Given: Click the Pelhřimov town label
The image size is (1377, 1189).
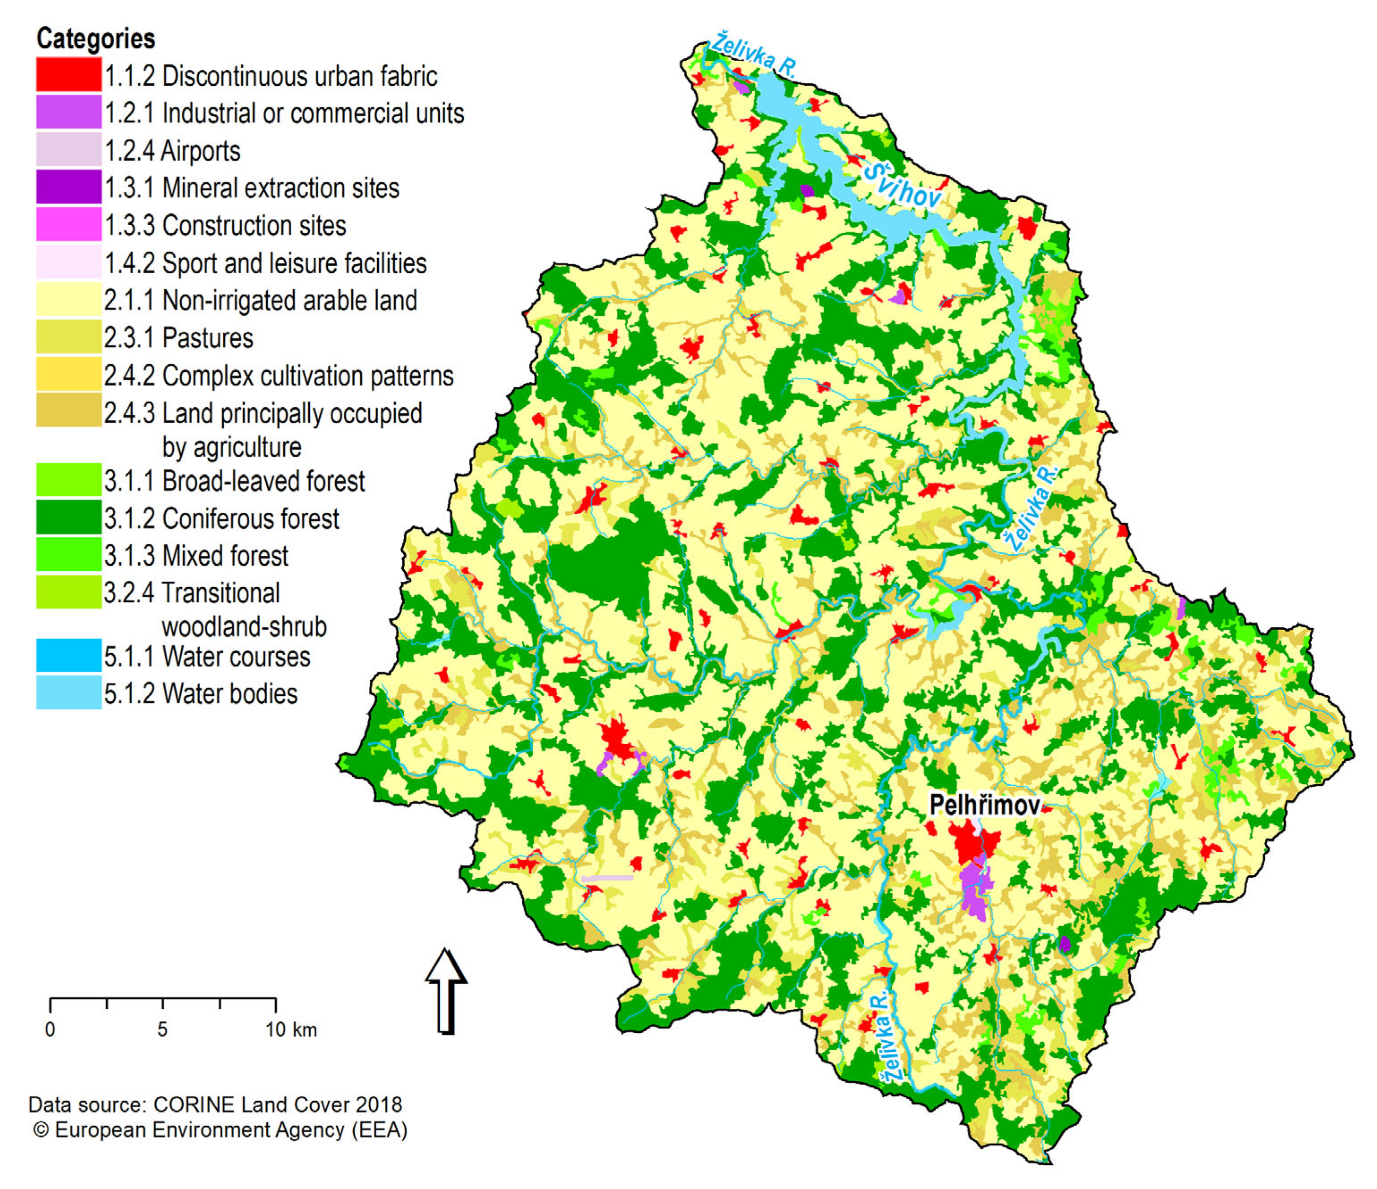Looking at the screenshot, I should pyautogui.click(x=984, y=805).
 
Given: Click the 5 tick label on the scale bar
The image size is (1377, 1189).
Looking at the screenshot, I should pyautogui.click(x=163, y=1030).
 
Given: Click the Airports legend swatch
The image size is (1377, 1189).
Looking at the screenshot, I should pyautogui.click(x=68, y=150).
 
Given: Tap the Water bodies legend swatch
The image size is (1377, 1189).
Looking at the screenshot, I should pyautogui.click(x=68, y=693).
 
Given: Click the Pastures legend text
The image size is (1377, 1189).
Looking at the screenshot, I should pyautogui.click(x=178, y=338).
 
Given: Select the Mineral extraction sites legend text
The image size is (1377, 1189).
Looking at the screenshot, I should pyautogui.click(x=251, y=188).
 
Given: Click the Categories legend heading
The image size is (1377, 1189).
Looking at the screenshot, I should pyautogui.click(x=96, y=38).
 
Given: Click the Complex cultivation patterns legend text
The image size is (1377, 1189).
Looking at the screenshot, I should pyautogui.click(x=279, y=376).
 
